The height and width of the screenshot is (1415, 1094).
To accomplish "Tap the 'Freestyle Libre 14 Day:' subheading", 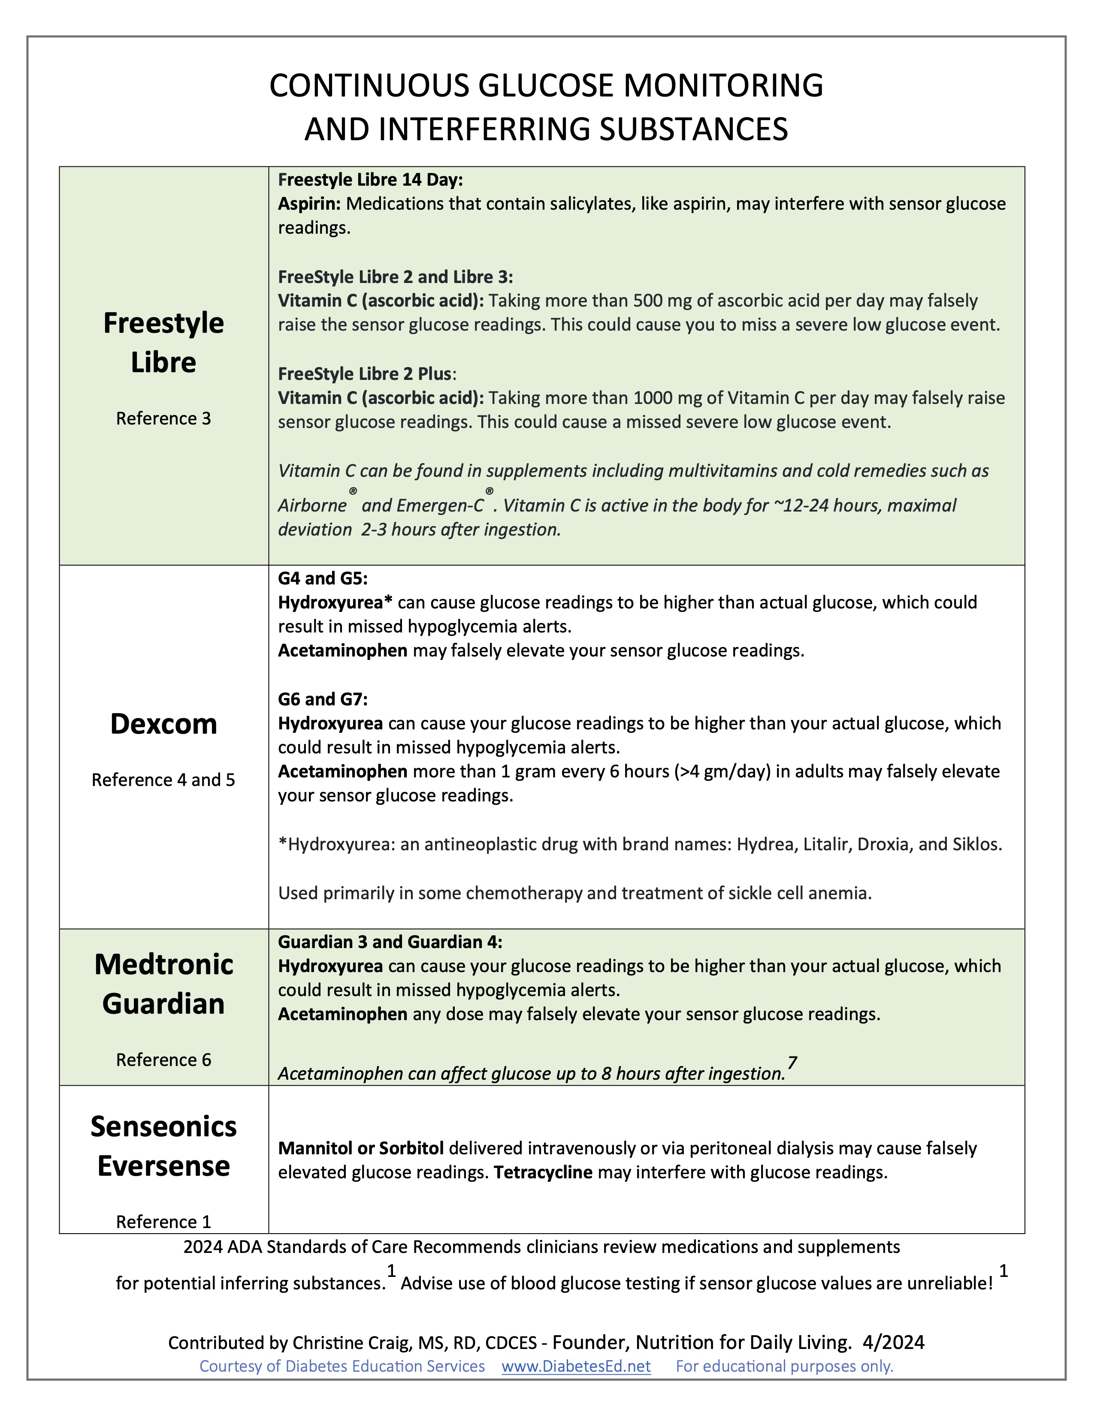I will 370,180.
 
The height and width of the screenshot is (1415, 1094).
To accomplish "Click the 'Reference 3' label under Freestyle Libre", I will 163,418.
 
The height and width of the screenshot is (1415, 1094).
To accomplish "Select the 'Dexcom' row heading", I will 163,724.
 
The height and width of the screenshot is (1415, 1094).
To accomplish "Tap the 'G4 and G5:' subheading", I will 322,578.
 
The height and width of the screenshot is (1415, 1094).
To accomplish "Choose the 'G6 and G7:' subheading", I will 323,699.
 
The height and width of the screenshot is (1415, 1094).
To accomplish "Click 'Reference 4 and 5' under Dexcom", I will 163,780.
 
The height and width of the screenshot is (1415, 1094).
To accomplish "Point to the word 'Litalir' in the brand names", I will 825,844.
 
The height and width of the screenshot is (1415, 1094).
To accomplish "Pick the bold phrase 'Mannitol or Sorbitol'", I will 361,1148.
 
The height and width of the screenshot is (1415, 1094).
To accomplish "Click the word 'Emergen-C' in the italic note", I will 440,506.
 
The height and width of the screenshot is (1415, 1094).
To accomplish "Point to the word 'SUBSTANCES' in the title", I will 693,129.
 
